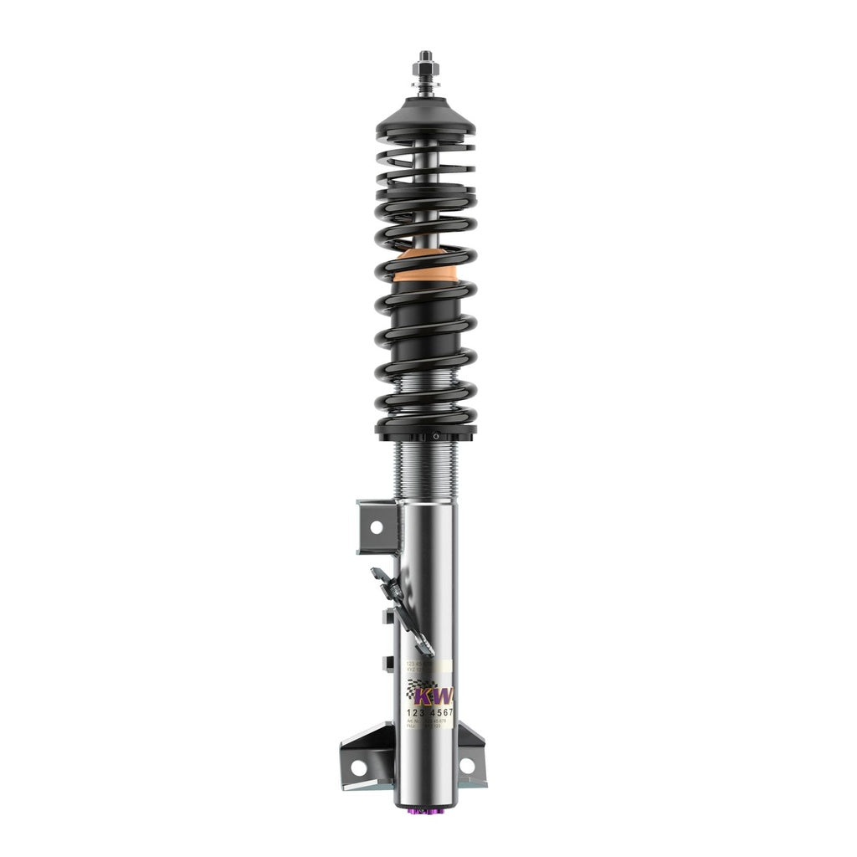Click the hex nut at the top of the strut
[425, 64]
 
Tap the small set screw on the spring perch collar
[435, 436]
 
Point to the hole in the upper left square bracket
[375, 526]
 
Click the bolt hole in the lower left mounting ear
[358, 766]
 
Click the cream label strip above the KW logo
[428, 667]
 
